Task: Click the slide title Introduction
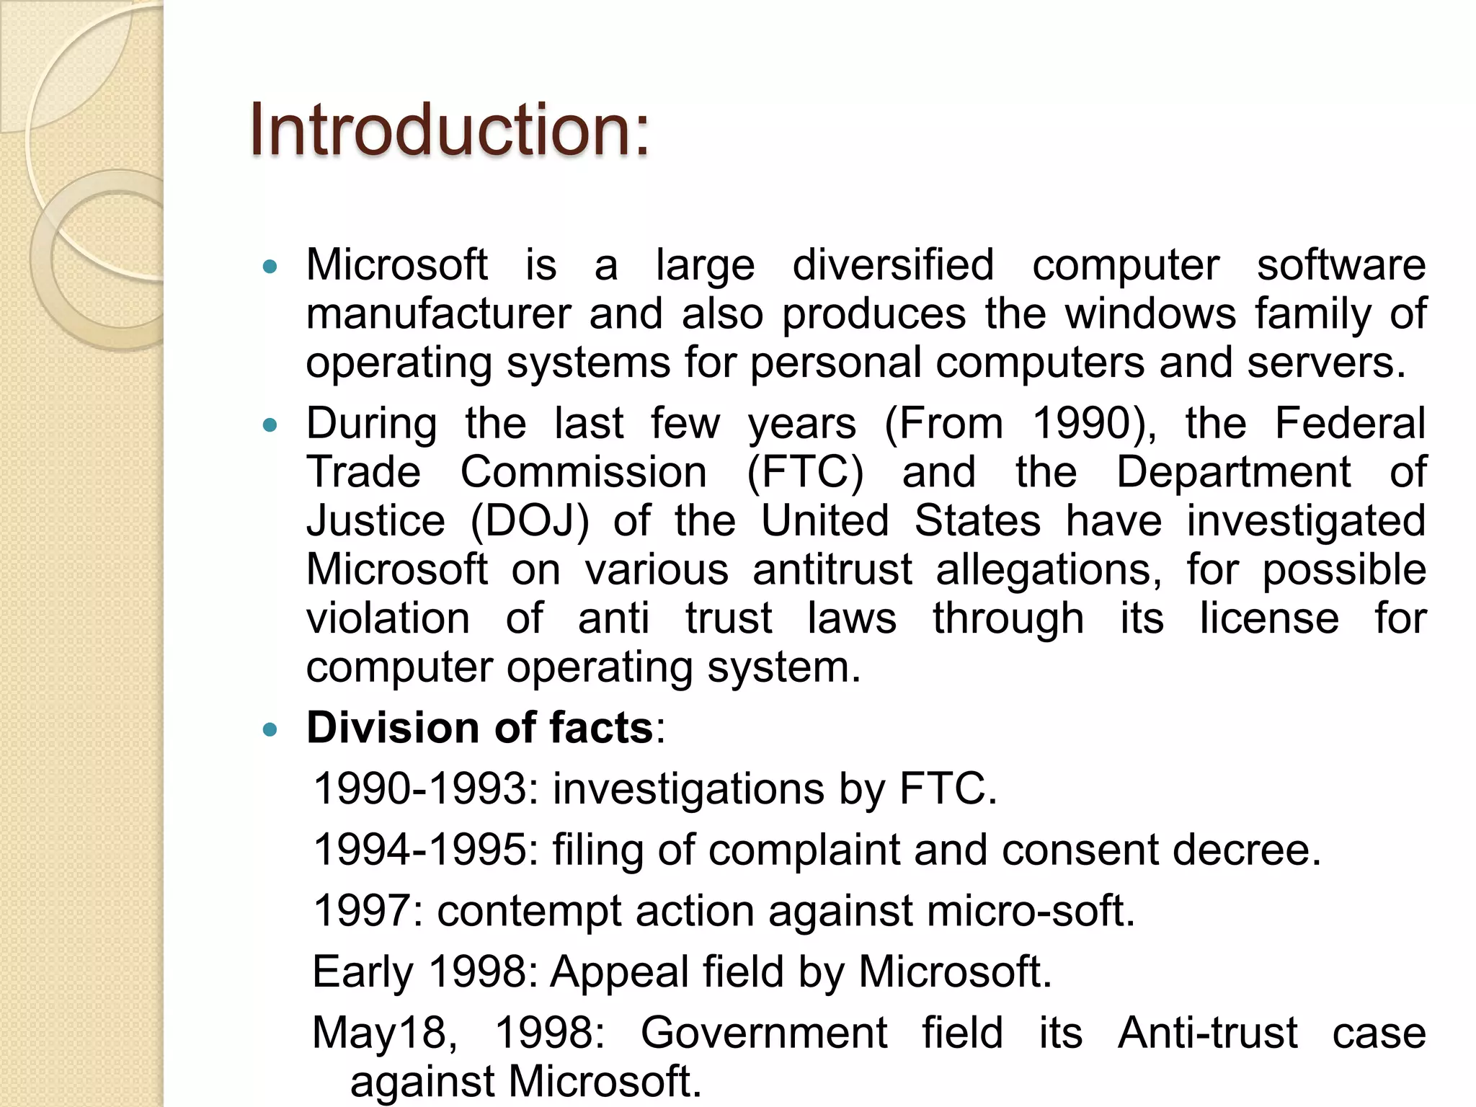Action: coord(448,130)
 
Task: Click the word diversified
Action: coord(893,265)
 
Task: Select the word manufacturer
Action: coord(438,314)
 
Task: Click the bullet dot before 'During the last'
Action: coord(270,426)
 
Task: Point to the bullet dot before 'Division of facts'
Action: coord(270,730)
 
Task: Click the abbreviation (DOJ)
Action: coord(530,521)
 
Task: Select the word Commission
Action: coord(583,473)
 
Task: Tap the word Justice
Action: coord(375,521)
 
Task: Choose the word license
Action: coord(1269,618)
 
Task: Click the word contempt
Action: coord(529,912)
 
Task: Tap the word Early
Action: coord(363,972)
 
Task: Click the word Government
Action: coord(764,1033)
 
